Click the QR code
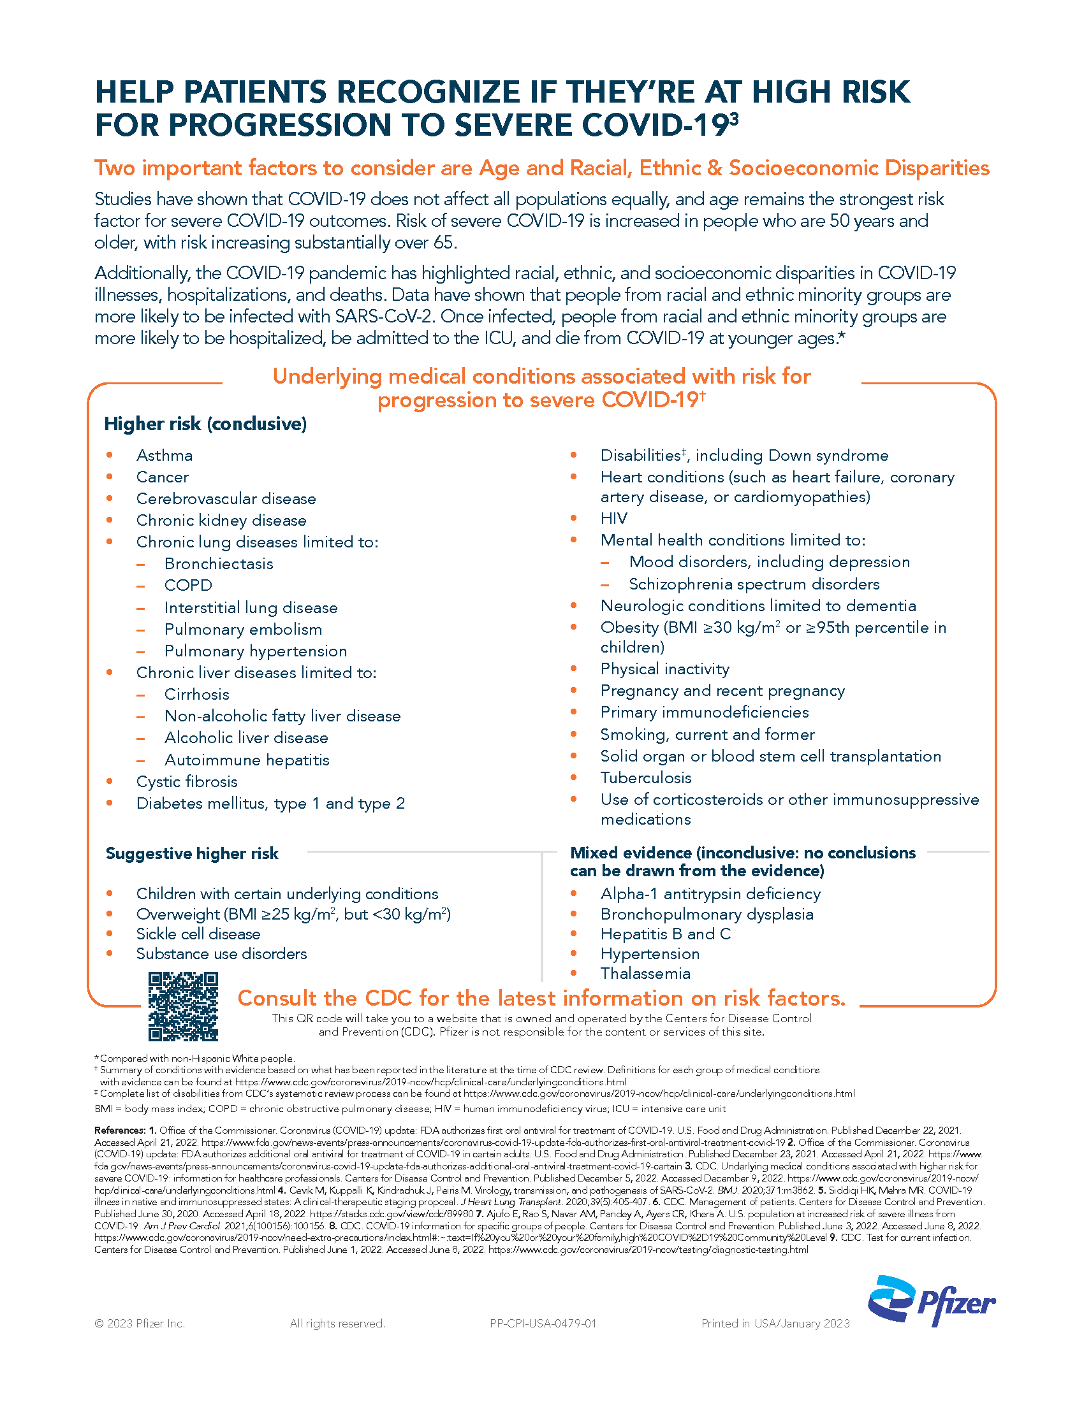coord(183,1006)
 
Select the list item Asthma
coord(165,456)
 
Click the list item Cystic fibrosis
coord(187,782)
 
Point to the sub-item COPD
coord(188,586)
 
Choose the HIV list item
coord(613,519)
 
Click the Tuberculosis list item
coord(646,778)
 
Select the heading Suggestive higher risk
coord(192,854)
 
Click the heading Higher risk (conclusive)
coord(205,424)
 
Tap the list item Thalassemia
coord(645,974)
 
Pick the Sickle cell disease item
coord(198,934)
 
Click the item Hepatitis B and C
coord(665,934)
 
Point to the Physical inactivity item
coord(664,670)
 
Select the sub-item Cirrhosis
coord(196,695)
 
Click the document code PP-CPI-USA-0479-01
coord(543,1324)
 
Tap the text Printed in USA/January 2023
coord(775,1324)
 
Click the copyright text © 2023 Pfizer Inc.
coord(140,1324)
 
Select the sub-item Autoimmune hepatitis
coord(247,760)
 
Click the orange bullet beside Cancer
coord(110,477)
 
